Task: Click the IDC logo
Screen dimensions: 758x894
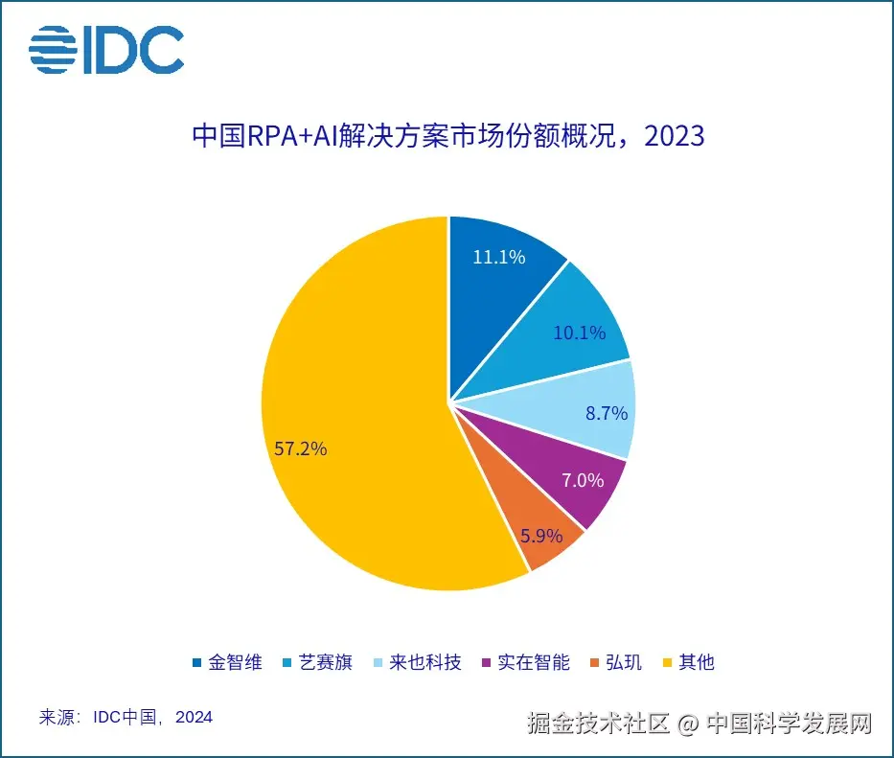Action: [x=105, y=49]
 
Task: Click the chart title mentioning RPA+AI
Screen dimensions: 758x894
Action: [x=447, y=135]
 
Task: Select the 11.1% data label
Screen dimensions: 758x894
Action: [x=498, y=256]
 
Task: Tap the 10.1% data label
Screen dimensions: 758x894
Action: [x=579, y=333]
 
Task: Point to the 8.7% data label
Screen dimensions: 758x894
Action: [x=606, y=413]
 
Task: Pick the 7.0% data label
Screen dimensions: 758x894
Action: [x=582, y=480]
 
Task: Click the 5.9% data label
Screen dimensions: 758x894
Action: [x=541, y=536]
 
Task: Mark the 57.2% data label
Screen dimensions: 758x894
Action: [x=300, y=448]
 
